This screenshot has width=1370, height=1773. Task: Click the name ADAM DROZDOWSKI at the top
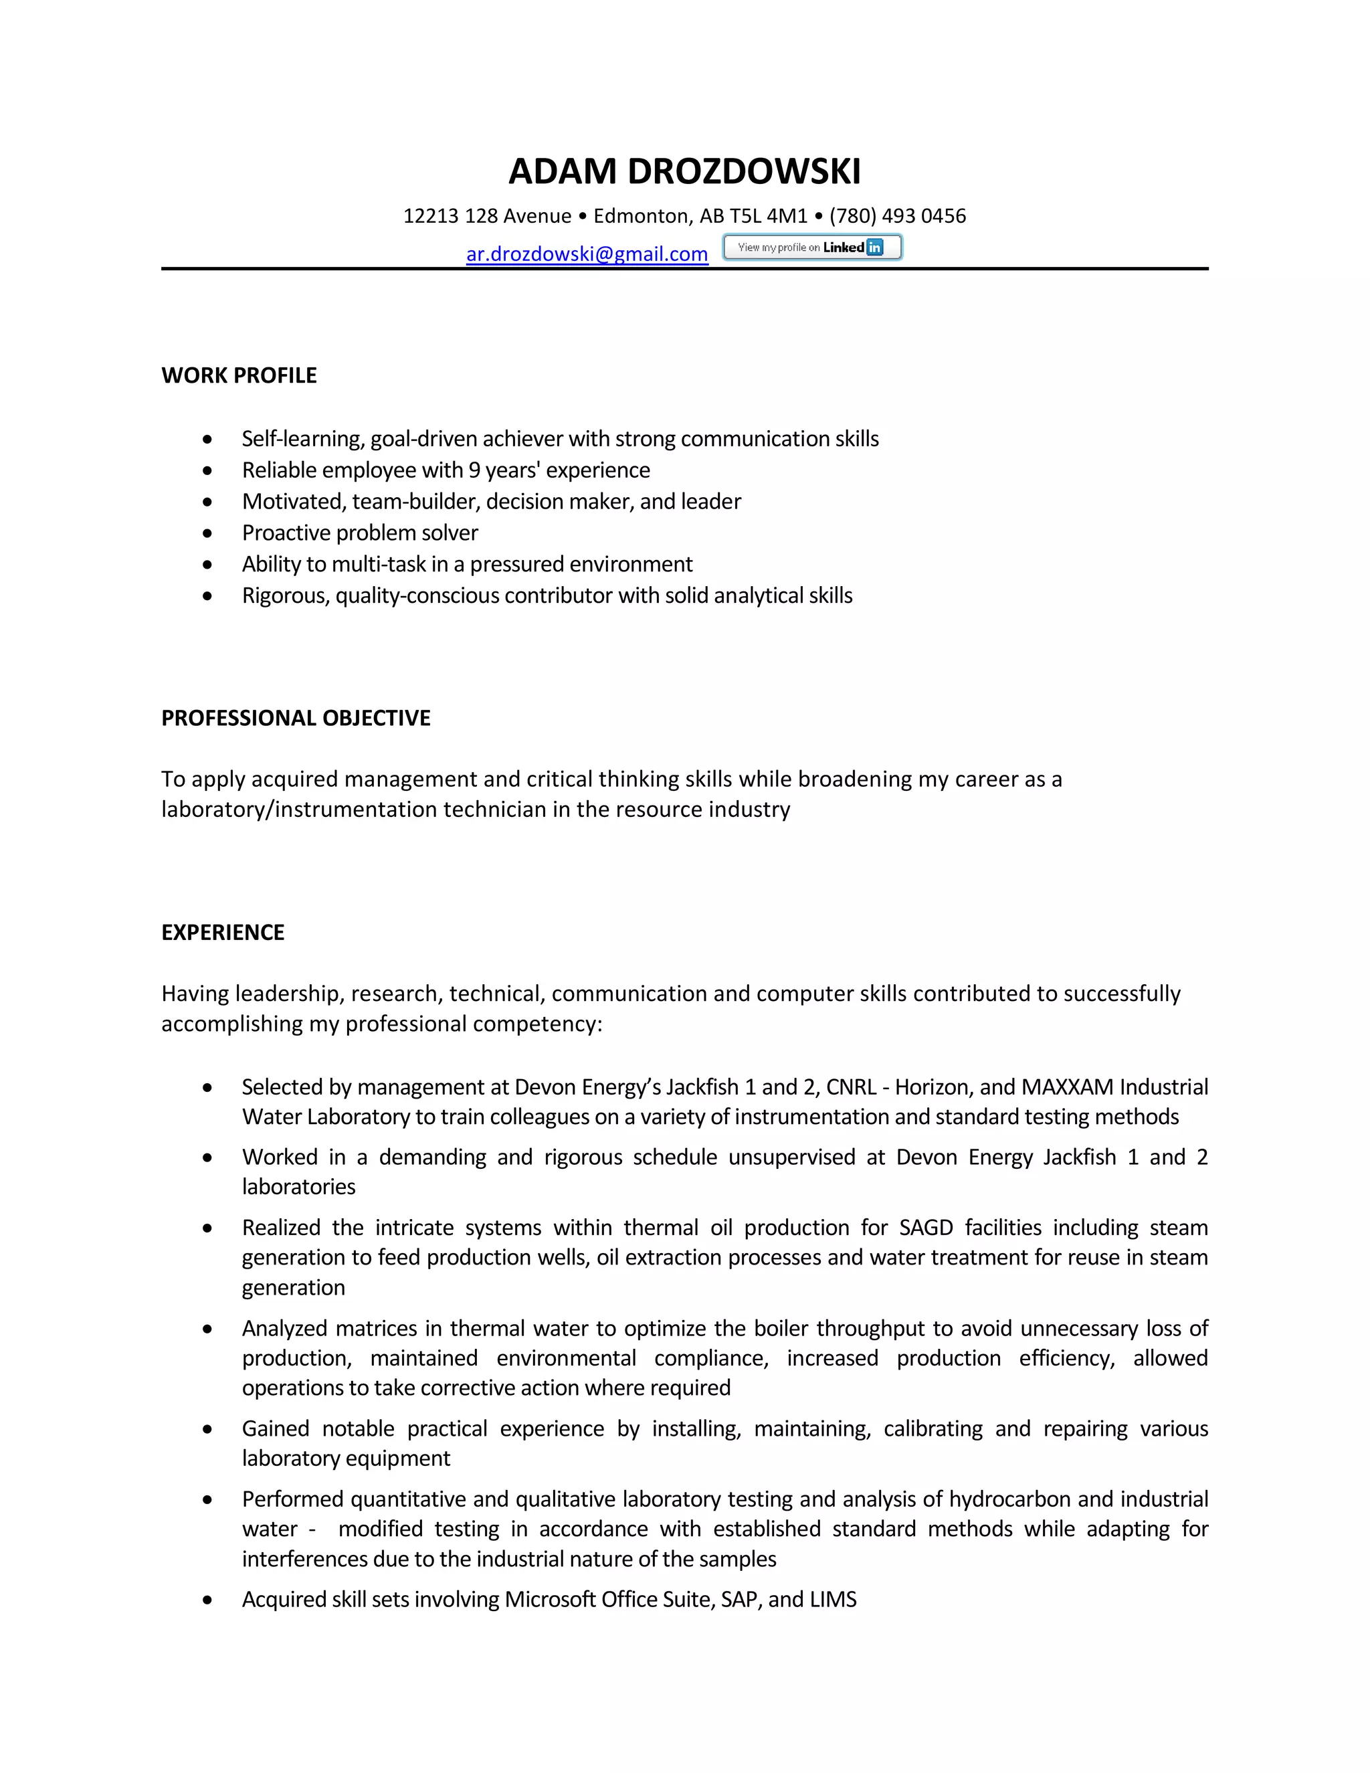pos(684,171)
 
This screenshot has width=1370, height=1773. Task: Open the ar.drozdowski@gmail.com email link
pos(587,254)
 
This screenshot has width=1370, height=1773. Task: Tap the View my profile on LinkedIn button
pos(811,247)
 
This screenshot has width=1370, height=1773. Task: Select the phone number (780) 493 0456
pos(897,216)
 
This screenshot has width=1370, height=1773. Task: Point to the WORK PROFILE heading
pos(239,375)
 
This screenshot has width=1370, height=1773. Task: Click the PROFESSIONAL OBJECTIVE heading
pos(296,718)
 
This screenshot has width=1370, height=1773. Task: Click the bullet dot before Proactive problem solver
pos(208,533)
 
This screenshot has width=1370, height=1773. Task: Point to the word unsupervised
pos(791,1157)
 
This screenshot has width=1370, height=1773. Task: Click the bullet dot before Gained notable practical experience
pos(208,1430)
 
